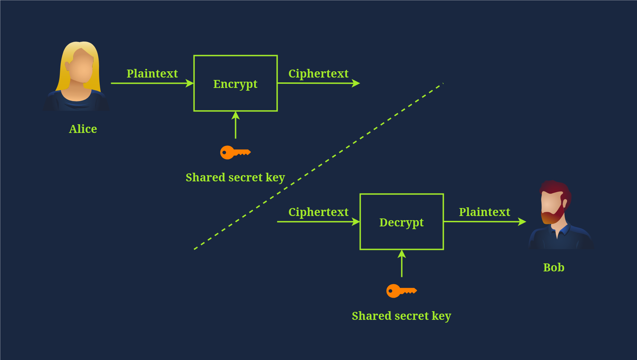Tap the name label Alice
(x=83, y=129)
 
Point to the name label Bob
(x=554, y=267)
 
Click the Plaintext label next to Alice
(x=152, y=73)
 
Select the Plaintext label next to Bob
(x=484, y=212)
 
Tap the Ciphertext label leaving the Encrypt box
(x=318, y=73)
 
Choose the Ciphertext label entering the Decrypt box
(x=318, y=212)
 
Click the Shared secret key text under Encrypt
(x=235, y=177)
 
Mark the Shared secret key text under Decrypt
(x=401, y=316)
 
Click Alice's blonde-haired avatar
(x=78, y=76)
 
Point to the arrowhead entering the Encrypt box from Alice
(x=190, y=83)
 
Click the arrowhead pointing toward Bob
(x=522, y=222)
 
